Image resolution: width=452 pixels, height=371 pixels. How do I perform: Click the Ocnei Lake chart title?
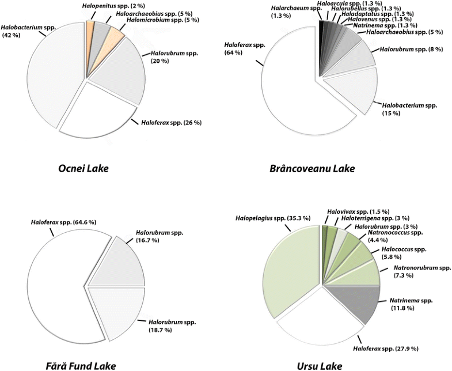point(85,169)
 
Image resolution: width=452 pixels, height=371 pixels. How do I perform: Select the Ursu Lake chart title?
point(321,365)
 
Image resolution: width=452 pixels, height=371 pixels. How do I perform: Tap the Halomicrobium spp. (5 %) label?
point(164,20)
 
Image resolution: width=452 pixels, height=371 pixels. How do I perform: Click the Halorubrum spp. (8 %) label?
point(411,50)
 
